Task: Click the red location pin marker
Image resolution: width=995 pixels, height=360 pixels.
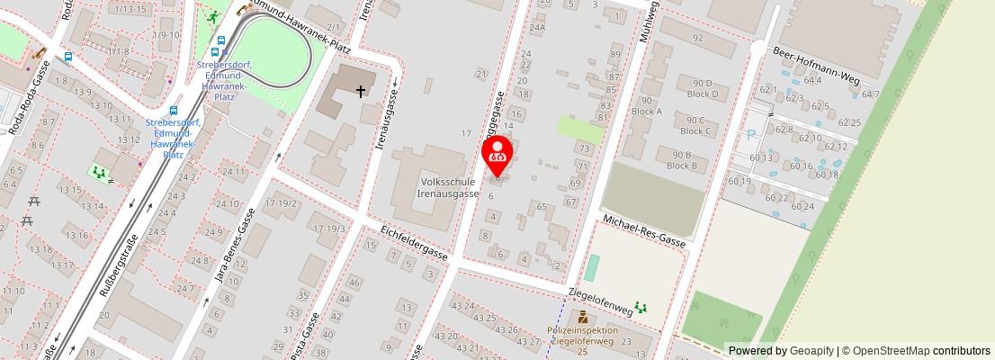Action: point(497,155)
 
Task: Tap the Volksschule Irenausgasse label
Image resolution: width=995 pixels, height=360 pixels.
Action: point(447,186)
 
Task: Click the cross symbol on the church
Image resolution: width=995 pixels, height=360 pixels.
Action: point(361,91)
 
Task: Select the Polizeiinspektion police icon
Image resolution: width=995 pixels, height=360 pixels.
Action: point(582,317)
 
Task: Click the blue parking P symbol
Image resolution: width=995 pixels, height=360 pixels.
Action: point(751,136)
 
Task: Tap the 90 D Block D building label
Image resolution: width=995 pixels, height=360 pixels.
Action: point(703,88)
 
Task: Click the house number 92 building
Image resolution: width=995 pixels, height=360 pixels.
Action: point(697,38)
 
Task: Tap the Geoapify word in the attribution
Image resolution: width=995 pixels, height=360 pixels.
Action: point(810,351)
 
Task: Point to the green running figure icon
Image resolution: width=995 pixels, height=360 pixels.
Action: point(212,17)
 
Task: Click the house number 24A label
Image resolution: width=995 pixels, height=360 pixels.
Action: point(537,28)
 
